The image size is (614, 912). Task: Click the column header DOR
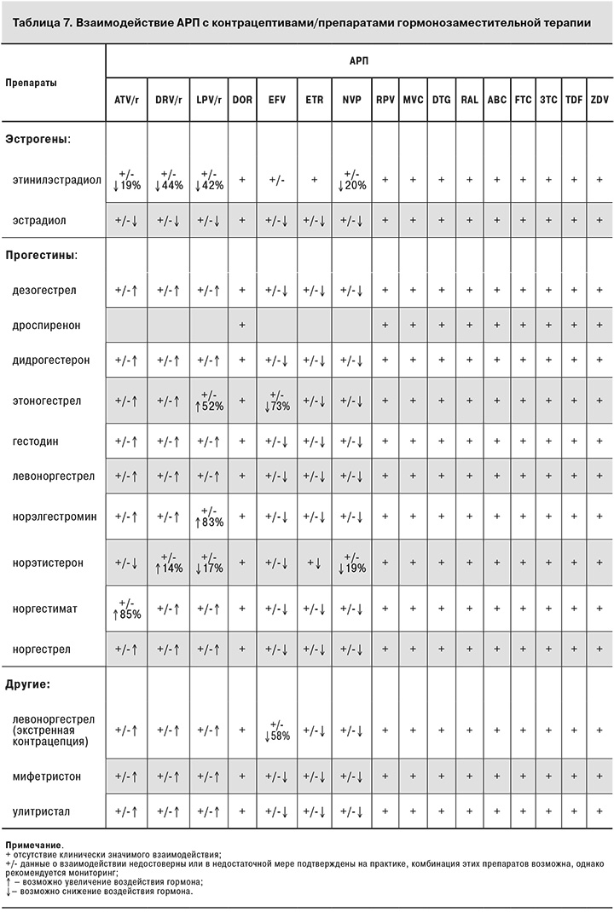click(242, 101)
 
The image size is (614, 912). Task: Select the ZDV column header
click(600, 101)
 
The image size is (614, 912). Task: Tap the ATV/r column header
click(126, 101)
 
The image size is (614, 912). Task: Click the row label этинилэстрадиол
click(55, 180)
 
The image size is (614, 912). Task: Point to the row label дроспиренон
click(48, 326)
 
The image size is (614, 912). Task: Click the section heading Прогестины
click(42, 255)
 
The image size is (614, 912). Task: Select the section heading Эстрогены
click(38, 138)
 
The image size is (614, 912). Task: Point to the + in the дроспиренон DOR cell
click(242, 326)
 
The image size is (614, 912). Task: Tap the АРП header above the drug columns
click(359, 63)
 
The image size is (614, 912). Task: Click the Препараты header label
click(31, 84)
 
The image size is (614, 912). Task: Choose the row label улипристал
click(44, 812)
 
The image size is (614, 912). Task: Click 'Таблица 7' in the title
click(39, 20)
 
